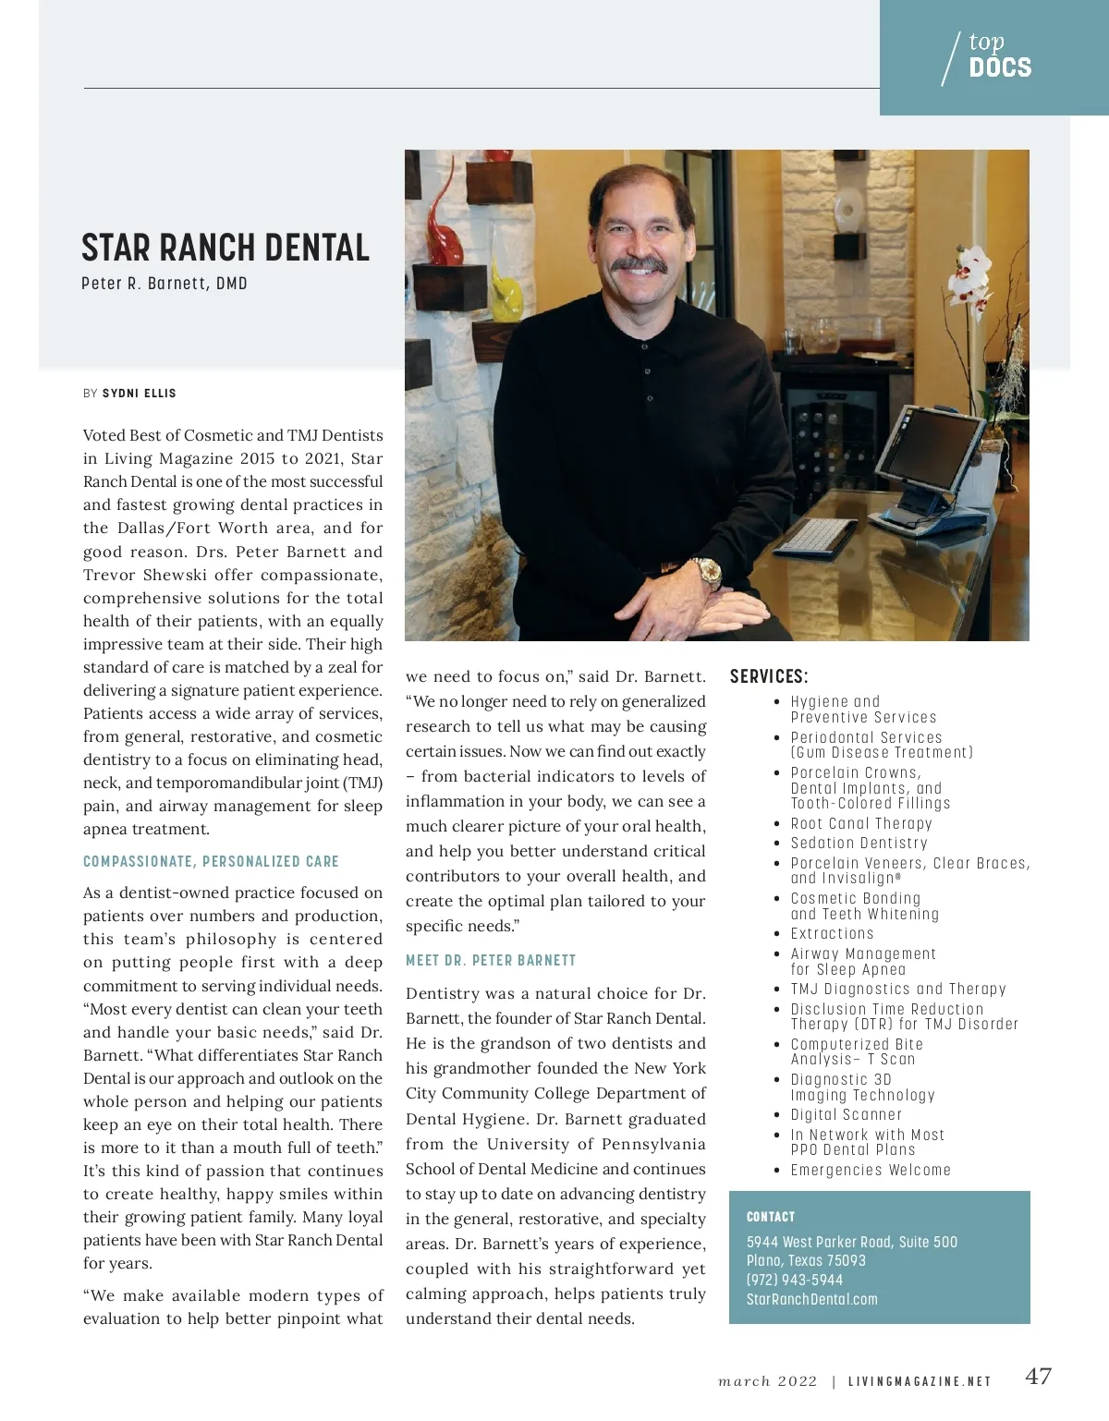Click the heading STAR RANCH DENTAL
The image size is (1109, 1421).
point(225,248)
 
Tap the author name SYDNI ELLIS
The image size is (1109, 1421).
point(139,394)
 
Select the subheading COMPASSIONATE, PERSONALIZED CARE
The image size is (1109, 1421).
point(211,862)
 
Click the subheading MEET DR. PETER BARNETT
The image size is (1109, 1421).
point(491,961)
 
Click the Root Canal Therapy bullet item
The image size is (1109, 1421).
point(861,823)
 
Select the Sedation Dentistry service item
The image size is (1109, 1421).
point(859,843)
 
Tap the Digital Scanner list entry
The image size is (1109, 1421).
point(846,1115)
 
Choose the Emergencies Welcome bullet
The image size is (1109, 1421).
point(871,1171)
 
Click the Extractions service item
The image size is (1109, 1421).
point(832,934)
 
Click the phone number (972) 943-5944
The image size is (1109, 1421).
point(795,1280)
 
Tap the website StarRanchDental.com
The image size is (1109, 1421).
point(812,1299)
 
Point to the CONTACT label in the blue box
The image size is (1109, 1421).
point(771,1217)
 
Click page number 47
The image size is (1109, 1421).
point(1039,1377)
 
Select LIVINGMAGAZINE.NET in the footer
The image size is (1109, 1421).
point(920,1381)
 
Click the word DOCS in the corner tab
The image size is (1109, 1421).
point(1000,67)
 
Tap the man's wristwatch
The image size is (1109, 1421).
point(707,574)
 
